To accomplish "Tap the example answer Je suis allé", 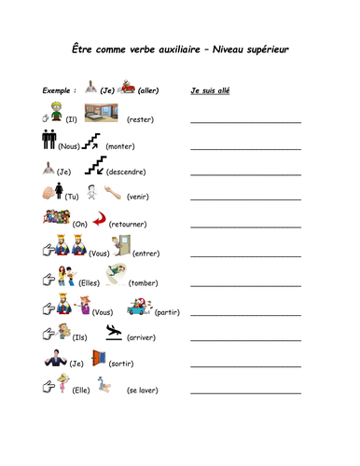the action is click(211, 91).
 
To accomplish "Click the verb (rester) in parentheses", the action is click(140, 120).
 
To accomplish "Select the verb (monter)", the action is click(120, 147).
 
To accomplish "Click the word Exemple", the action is click(60, 91).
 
